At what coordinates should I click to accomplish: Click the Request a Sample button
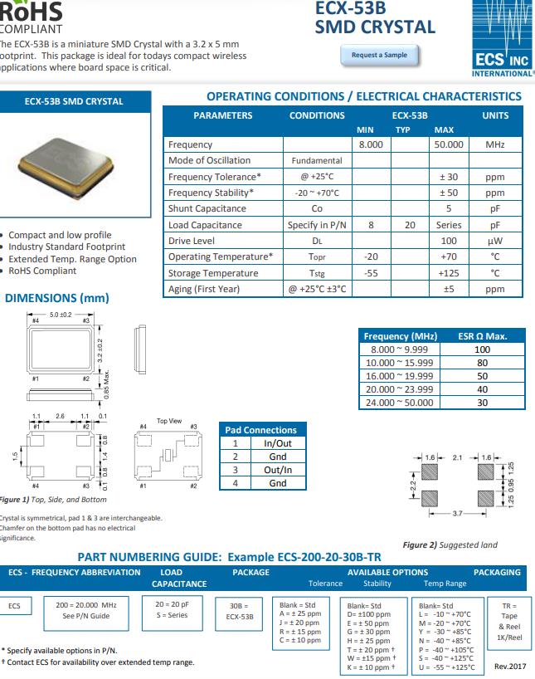point(379,55)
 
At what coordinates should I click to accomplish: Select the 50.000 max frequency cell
point(449,144)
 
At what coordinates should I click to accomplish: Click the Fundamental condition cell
point(317,160)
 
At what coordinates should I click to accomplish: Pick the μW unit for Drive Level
point(495,241)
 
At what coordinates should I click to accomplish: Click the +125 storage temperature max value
point(449,273)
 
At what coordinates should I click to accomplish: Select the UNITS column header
point(495,115)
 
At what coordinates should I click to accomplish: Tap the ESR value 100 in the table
point(482,349)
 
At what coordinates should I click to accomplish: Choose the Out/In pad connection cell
point(277,469)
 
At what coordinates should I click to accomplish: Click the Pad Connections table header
point(260,430)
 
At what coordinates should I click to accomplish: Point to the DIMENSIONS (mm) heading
point(57,298)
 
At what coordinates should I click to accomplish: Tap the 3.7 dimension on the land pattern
point(457,515)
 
